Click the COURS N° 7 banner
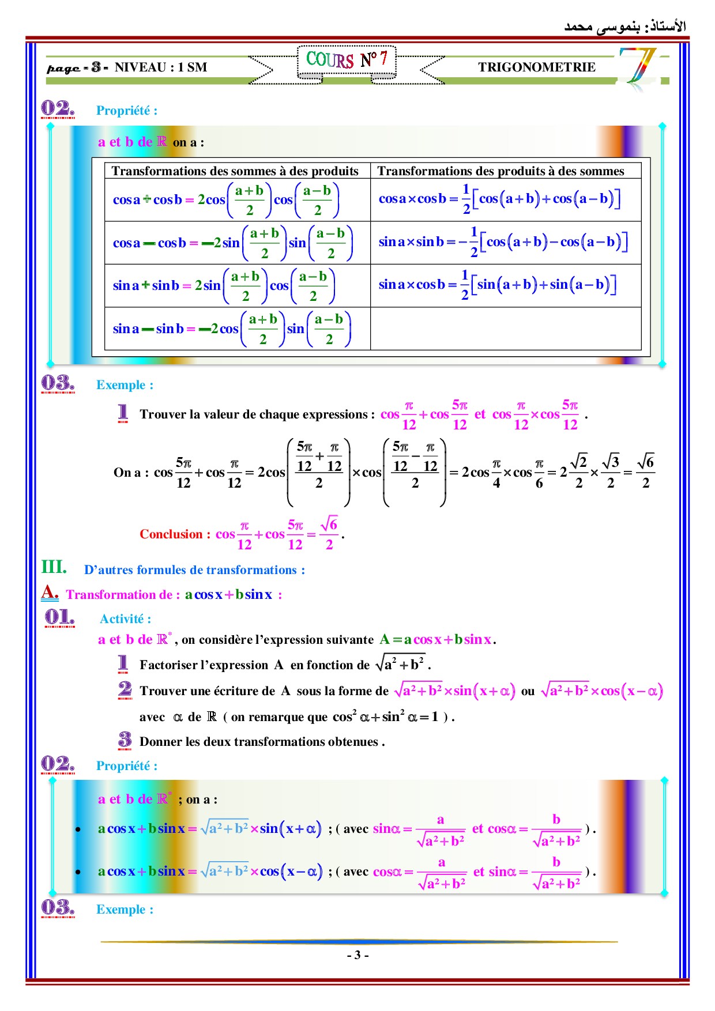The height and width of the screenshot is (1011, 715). click(x=347, y=60)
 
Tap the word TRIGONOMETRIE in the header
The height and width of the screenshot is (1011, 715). click(x=536, y=67)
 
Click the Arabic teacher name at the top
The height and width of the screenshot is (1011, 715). click(x=625, y=27)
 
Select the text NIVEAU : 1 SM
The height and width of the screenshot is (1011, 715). click(x=161, y=67)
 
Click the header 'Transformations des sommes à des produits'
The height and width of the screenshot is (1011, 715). click(x=235, y=171)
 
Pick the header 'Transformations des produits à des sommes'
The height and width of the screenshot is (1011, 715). click(x=501, y=171)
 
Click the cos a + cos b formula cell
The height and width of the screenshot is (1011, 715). click(x=226, y=199)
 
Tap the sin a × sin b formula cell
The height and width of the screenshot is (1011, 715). click(x=502, y=242)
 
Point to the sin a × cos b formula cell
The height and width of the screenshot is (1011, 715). click(x=497, y=285)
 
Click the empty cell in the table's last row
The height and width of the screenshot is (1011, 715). click(x=505, y=329)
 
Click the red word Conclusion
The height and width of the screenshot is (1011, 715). click(x=171, y=534)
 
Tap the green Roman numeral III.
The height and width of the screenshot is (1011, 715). click(x=54, y=567)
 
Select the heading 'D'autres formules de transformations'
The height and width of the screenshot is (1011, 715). click(x=194, y=570)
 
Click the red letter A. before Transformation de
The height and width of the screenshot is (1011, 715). click(x=50, y=592)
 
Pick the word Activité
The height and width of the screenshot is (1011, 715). click(x=125, y=619)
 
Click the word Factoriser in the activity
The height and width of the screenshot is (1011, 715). click(x=168, y=665)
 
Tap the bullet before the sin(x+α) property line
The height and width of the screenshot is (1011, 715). click(x=78, y=829)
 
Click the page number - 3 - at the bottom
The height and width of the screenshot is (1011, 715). click(x=357, y=955)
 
